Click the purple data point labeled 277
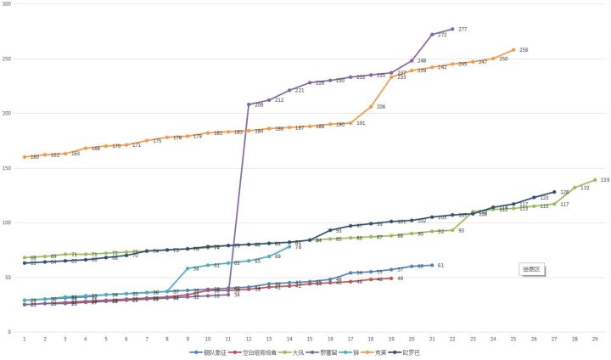coord(452,30)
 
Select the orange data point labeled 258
coord(513,50)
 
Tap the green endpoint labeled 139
coord(595,180)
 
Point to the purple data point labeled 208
coord(249,104)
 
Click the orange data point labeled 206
coord(371,107)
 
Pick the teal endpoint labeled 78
coord(289,246)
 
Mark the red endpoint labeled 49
coord(391,278)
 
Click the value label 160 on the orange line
coord(34,156)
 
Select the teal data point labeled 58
coord(188,268)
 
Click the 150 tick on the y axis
coord(8,168)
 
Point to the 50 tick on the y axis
coord(8,278)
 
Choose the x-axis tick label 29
coord(595,339)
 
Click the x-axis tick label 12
coord(249,339)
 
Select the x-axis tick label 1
coord(25,339)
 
